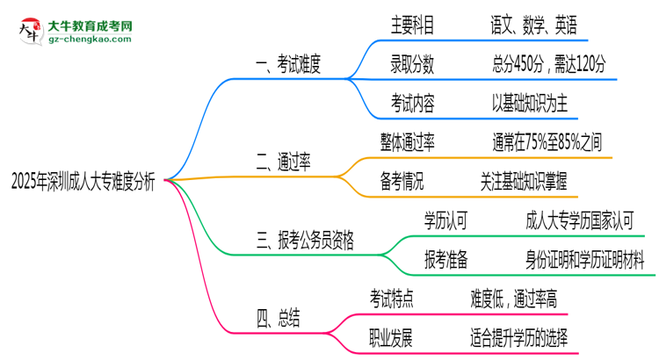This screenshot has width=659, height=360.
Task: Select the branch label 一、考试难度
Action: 288,63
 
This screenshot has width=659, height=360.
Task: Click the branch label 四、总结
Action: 278,318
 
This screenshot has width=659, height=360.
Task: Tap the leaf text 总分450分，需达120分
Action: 550,64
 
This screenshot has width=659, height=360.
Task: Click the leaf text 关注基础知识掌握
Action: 524,182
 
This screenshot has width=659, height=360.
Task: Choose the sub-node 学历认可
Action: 445,220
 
